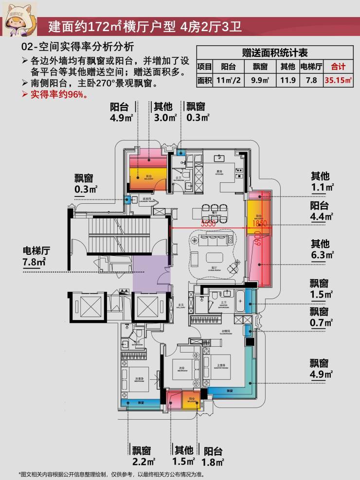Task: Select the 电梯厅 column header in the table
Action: (311, 67)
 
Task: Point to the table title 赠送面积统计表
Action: (275, 53)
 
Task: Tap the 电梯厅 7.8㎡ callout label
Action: (36, 256)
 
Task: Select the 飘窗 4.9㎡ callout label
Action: (321, 368)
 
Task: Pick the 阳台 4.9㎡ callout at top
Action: (122, 111)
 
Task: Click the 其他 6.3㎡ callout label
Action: (321, 249)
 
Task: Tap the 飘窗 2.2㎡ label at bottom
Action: (143, 455)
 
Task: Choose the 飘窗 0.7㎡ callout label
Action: (321, 317)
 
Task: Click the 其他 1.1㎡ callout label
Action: (321, 181)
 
